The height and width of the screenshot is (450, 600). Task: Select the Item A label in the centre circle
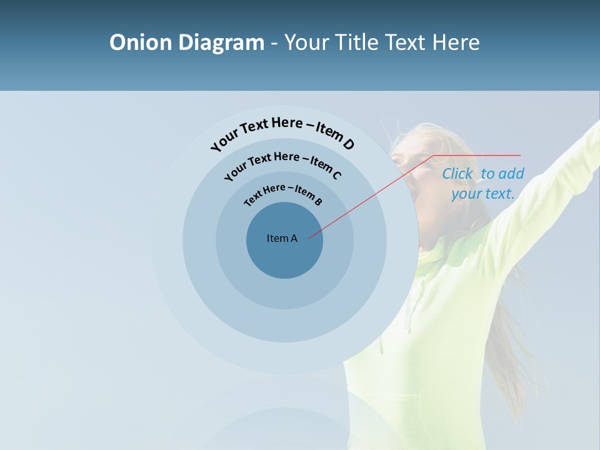282,238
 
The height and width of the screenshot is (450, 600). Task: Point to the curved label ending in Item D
282,131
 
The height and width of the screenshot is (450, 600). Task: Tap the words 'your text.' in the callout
483,194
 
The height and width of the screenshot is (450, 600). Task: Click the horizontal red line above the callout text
477,155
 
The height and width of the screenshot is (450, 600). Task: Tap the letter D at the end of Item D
348,144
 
